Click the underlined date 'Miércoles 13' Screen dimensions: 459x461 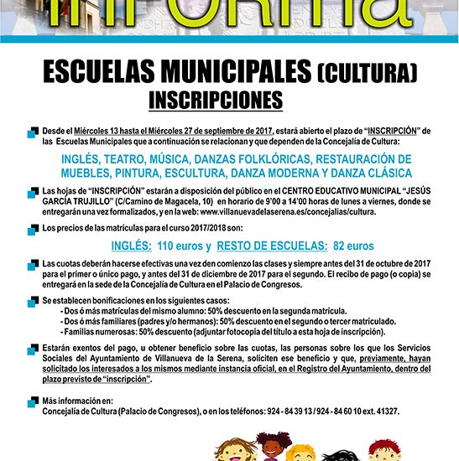click(x=100, y=131)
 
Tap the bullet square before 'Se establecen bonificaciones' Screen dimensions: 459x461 click(x=34, y=299)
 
